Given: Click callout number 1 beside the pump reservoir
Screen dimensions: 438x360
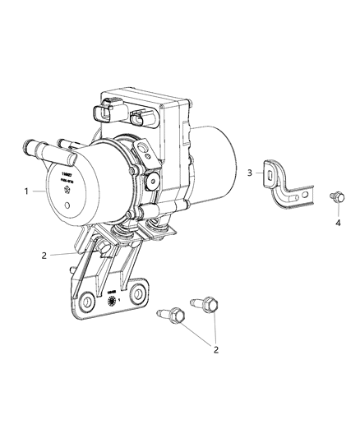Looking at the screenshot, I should point(28,191).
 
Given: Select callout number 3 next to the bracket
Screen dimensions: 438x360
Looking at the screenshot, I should point(250,173).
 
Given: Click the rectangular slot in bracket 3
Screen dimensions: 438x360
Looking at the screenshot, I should point(270,172).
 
